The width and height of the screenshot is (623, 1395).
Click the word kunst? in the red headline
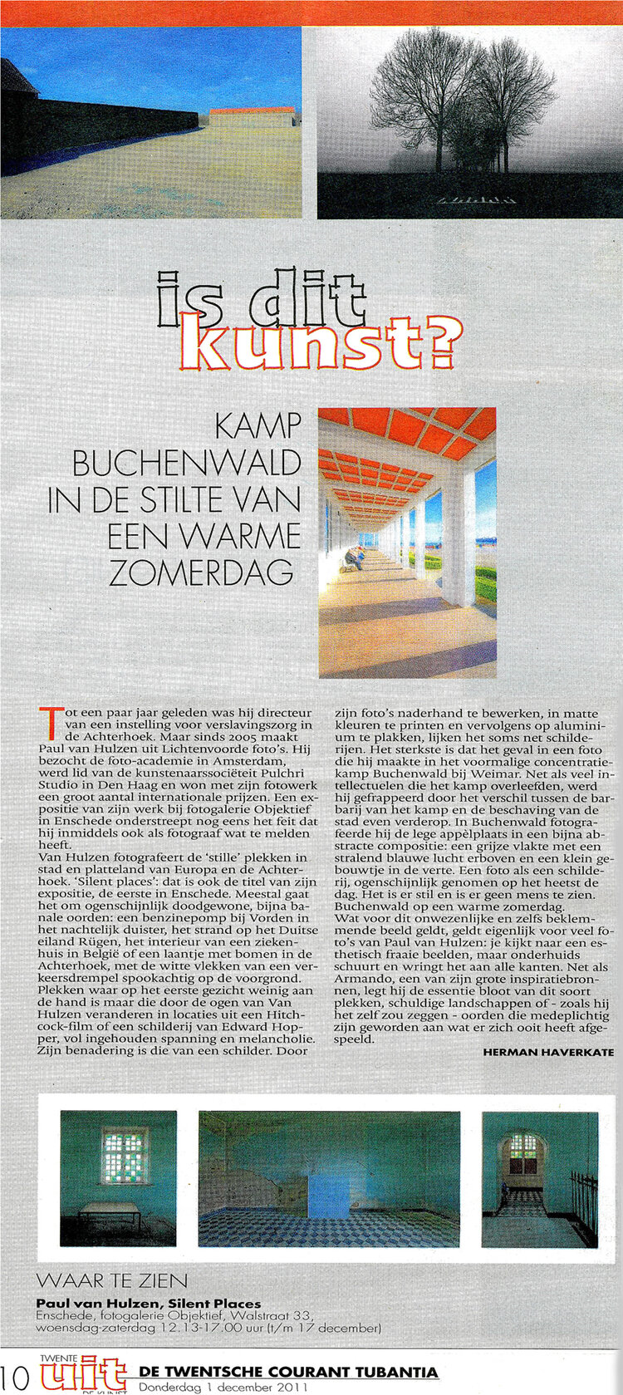(320, 341)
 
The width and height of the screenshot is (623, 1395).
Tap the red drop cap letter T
(51, 722)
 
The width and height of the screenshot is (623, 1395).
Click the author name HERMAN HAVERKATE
(548, 1052)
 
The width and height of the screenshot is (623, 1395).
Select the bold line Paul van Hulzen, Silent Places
(148, 1303)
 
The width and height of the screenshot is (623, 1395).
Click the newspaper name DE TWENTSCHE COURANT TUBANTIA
(288, 1371)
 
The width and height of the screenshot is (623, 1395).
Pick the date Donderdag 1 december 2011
(223, 1387)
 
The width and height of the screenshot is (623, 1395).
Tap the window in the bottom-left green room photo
(124, 1152)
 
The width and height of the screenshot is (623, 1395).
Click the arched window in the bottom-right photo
(522, 1151)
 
